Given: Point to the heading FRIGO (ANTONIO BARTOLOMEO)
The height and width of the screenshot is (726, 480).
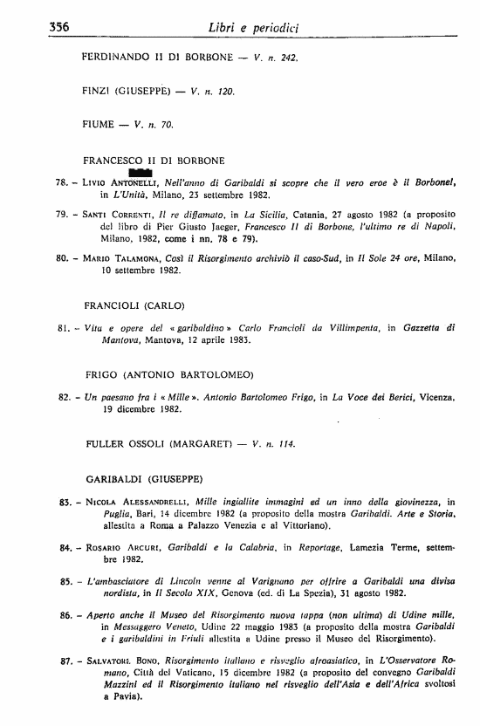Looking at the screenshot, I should [x=169, y=374].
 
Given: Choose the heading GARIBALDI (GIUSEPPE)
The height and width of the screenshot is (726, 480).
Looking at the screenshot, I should [x=144, y=479].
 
